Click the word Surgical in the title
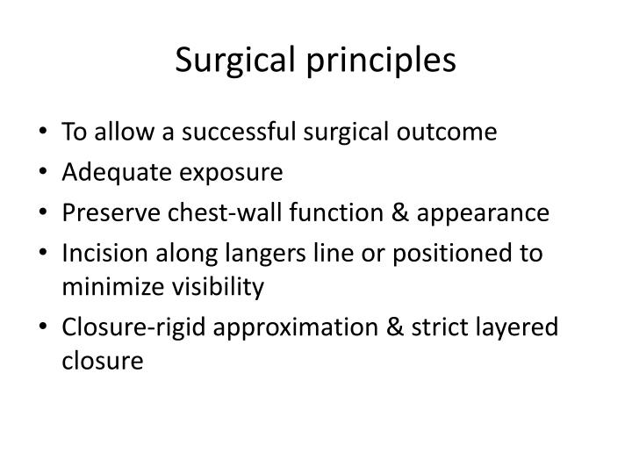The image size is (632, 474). [237, 61]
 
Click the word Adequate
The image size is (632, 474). [106, 172]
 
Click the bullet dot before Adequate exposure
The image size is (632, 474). [44, 173]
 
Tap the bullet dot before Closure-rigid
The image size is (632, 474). [44, 327]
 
